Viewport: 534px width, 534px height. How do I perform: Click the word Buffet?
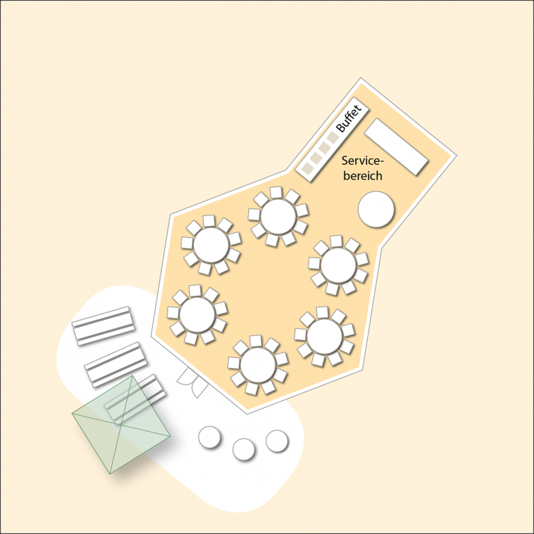click(348, 118)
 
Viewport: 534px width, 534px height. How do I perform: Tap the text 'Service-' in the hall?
click(362, 161)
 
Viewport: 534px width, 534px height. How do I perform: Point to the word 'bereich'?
click(363, 176)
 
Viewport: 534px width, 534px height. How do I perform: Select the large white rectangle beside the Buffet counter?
click(396, 147)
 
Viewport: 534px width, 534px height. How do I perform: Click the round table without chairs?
click(376, 209)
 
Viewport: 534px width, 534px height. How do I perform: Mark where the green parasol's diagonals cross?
click(120, 424)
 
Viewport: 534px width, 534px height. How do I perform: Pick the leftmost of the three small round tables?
click(209, 437)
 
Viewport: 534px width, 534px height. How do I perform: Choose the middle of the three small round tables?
click(243, 449)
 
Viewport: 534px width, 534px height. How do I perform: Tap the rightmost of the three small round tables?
click(277, 441)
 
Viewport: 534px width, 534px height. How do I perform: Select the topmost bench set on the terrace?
click(103, 325)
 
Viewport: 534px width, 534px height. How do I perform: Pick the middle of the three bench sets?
click(116, 364)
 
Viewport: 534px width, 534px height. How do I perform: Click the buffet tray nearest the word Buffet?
click(333, 137)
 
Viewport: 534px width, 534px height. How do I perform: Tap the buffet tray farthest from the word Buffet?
click(307, 168)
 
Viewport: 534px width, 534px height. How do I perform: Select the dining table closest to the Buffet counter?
click(278, 217)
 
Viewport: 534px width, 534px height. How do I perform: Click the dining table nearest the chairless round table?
click(338, 265)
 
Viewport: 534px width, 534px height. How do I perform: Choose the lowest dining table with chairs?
click(258, 365)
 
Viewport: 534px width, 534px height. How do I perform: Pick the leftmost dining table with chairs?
click(197, 314)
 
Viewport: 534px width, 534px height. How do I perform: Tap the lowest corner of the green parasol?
click(110, 474)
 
